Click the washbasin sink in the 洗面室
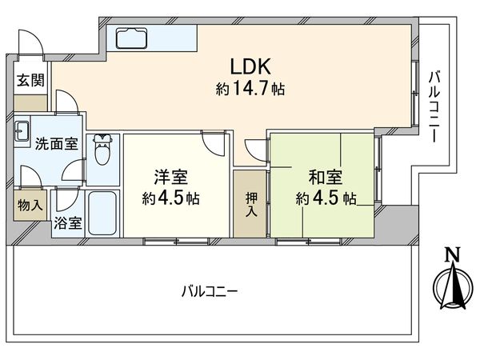click(22, 131)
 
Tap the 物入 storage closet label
click(30, 205)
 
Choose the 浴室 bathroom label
click(67, 224)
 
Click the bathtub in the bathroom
click(102, 214)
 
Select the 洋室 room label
click(170, 176)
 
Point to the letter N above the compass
click(451, 255)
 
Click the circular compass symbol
click(451, 285)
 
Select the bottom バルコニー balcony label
click(209, 290)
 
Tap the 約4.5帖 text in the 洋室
click(170, 197)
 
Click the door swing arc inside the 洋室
click(213, 144)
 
